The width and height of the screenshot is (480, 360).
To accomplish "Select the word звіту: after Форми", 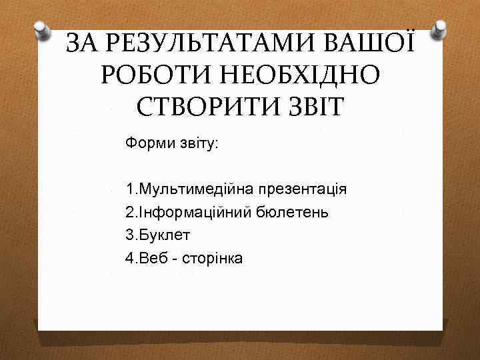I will click(x=194, y=143).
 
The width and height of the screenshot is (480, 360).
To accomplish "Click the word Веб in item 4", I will click(x=149, y=258).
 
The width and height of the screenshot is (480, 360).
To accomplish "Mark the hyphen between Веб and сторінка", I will click(x=171, y=259).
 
